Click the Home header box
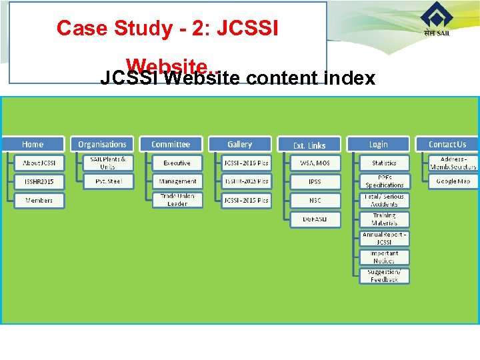pyautogui.click(x=33, y=144)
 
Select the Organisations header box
pyautogui.click(x=102, y=144)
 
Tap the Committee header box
pyautogui.click(x=171, y=144)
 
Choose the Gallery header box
pyautogui.click(x=240, y=144)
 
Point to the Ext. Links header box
pyautogui.click(x=309, y=145)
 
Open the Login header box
pyautogui.click(x=378, y=144)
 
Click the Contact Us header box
pyautogui.click(x=447, y=144)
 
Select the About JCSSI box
pyautogui.click(x=40, y=163)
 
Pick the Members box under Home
pyautogui.click(x=40, y=200)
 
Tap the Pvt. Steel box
pyautogui.click(x=108, y=181)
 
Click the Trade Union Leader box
pyautogui.click(x=177, y=200)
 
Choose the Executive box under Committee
pyautogui.click(x=177, y=163)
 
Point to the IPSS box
pyautogui.click(x=315, y=181)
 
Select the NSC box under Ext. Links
pyautogui.click(x=315, y=200)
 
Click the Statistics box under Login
pyautogui.click(x=385, y=163)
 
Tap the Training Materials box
pyautogui.click(x=385, y=219)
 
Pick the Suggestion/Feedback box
pyautogui.click(x=385, y=276)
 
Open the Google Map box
pyautogui.click(x=453, y=181)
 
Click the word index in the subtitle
pyautogui.click(x=351, y=79)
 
